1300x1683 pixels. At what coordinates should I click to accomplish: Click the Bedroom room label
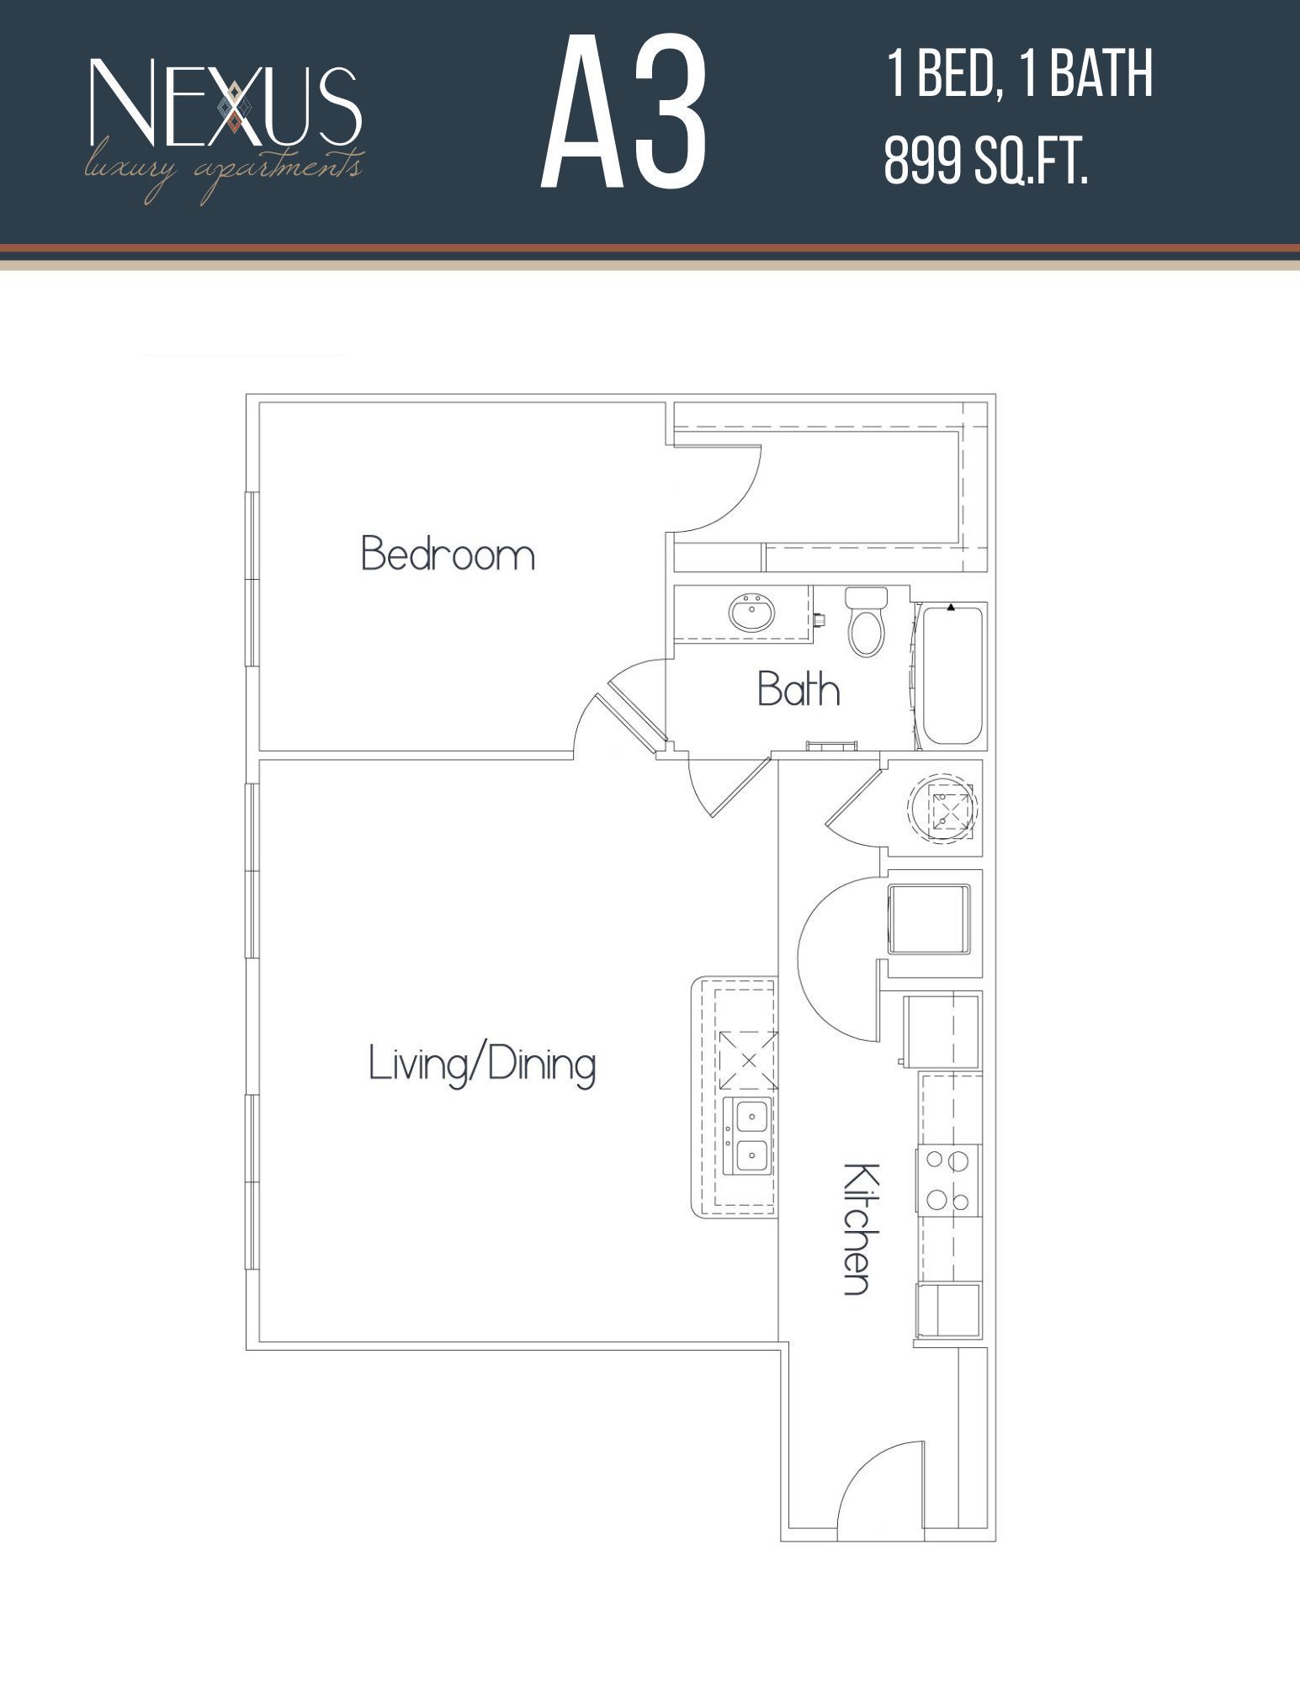(x=448, y=555)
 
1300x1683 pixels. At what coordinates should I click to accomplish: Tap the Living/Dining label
(x=482, y=1064)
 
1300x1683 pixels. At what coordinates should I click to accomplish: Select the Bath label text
(x=799, y=689)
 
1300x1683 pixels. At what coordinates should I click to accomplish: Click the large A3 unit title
(x=623, y=114)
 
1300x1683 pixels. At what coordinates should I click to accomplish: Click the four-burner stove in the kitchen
(x=948, y=1181)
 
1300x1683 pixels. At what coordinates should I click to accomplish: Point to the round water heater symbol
(x=943, y=806)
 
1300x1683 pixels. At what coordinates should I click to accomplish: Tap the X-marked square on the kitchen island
(x=746, y=1060)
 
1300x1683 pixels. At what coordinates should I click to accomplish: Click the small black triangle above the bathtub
(x=951, y=606)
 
